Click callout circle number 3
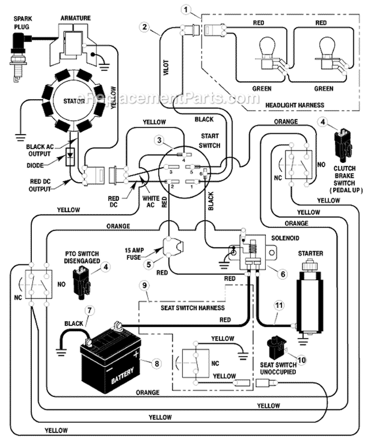coord(158,140)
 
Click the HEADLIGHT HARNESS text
coord(295,105)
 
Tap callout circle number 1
coord(185,8)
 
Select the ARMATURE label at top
coord(75,18)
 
